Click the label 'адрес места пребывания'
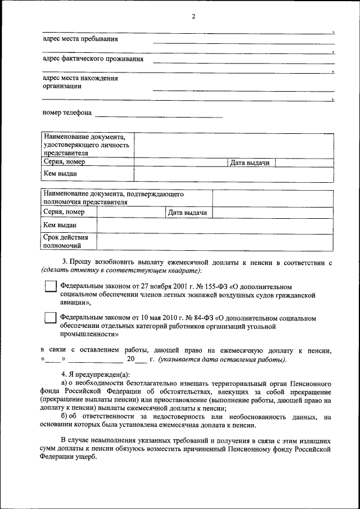(80, 39)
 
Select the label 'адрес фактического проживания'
(93, 58)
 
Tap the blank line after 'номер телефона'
(159, 116)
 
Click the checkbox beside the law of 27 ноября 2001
(51, 287)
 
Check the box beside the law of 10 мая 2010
(51, 318)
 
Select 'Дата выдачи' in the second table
(188, 213)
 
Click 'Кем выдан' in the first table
(60, 174)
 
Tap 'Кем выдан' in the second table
(60, 225)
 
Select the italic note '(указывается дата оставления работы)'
(222, 359)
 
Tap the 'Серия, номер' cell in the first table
(64, 163)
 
